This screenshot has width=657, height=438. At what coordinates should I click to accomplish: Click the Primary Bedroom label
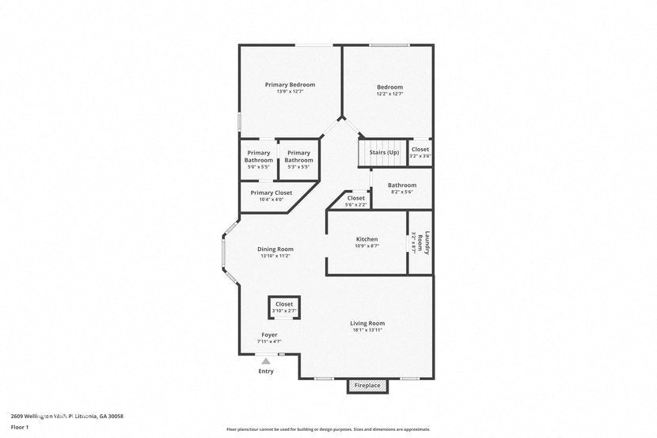pos(290,85)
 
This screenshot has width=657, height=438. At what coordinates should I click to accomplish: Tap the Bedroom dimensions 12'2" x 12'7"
pos(389,94)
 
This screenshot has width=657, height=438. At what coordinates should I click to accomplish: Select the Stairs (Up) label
pos(385,152)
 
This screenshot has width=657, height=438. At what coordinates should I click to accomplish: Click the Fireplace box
pos(366,386)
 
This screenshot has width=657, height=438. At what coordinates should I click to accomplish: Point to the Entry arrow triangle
pos(266,360)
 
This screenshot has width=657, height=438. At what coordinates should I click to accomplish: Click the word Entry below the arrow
pos(266,371)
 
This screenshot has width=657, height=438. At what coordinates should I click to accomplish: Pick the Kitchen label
pos(366,239)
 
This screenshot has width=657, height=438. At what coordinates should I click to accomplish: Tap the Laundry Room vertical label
pos(427,241)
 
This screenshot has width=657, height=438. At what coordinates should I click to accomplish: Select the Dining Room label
pos(275,249)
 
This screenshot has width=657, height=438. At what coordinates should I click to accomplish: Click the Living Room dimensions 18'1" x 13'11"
pos(367,329)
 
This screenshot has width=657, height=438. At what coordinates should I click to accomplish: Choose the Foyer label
pos(269,335)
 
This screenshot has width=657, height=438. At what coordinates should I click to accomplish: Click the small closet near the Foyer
pos(284,307)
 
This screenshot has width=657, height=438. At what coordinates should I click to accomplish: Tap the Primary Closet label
pos(272,192)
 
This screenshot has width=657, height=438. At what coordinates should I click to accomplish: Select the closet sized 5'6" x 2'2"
pos(356,201)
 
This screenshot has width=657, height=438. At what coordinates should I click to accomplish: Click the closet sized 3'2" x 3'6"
pos(420,152)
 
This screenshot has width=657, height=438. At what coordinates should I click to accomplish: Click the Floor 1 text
pos(20,428)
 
